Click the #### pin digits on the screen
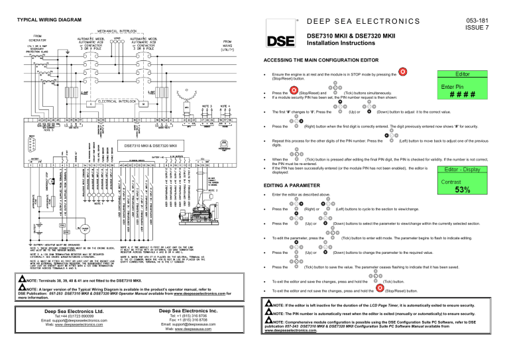point(463,95)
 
